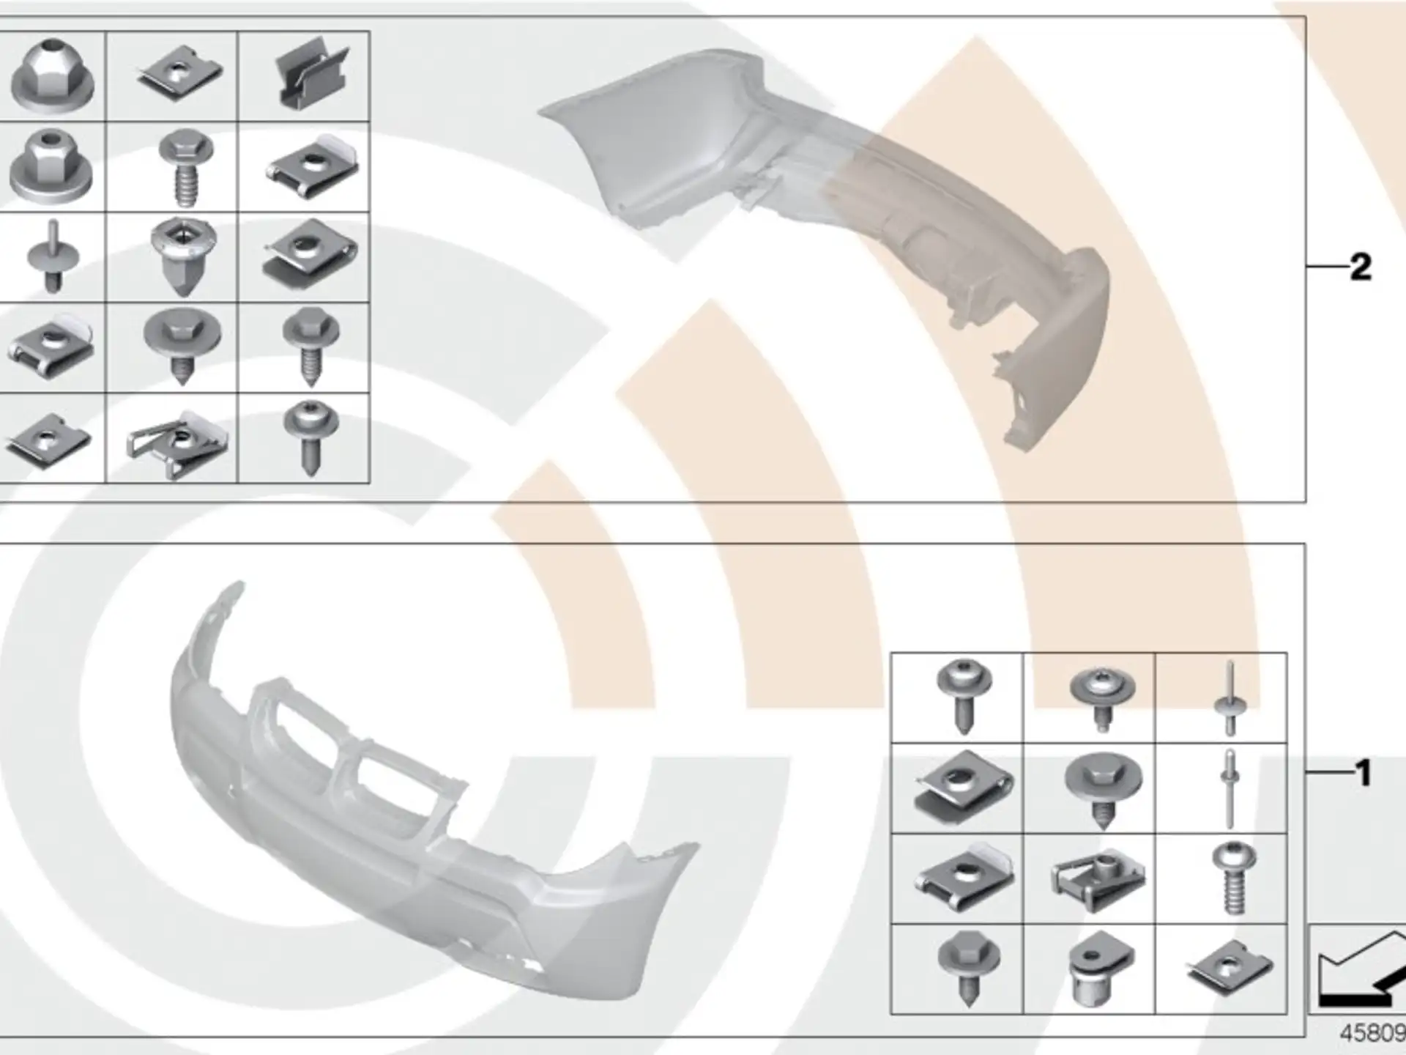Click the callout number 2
pos(1361,267)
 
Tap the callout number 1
pos(1363,773)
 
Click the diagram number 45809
pos(1372,1033)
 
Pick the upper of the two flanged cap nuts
pos(51,75)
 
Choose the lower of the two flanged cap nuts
pos(51,166)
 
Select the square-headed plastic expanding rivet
pos(183,256)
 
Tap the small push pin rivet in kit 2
pos(53,256)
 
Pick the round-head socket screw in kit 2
pos(311,437)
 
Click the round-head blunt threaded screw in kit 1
pos(1235,878)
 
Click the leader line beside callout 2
pos(1328,266)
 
